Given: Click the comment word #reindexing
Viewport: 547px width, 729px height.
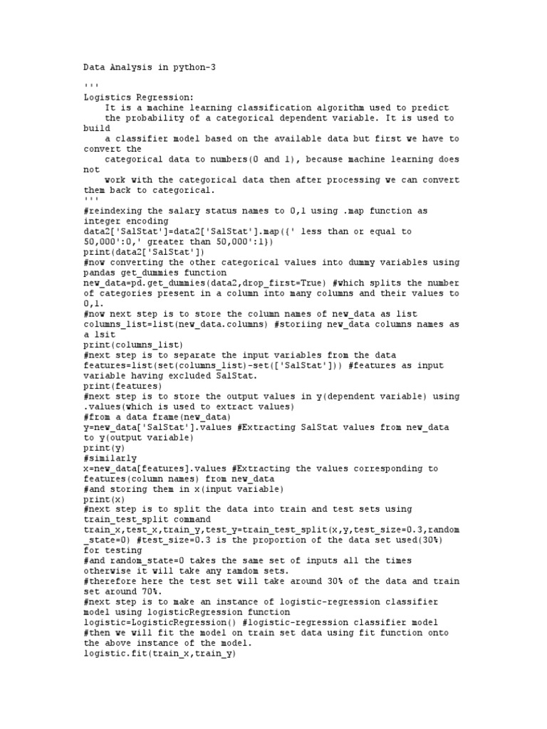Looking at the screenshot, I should click(x=112, y=211).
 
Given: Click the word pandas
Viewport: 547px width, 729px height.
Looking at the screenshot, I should click(x=99, y=273).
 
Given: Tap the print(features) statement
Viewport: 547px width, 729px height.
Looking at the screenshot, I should click(x=123, y=386).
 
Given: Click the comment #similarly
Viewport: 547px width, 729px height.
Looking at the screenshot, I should click(x=110, y=458).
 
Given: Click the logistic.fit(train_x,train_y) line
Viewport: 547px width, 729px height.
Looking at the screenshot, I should click(x=159, y=654).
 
